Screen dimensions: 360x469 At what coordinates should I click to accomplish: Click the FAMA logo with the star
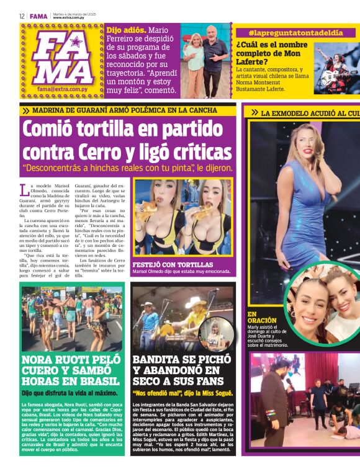(65, 58)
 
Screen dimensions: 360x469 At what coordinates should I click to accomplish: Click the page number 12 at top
(22, 16)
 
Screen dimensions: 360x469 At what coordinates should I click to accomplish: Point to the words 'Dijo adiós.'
(127, 29)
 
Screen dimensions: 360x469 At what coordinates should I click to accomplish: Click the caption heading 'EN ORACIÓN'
(260, 318)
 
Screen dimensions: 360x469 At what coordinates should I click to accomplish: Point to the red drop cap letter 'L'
(24, 189)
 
